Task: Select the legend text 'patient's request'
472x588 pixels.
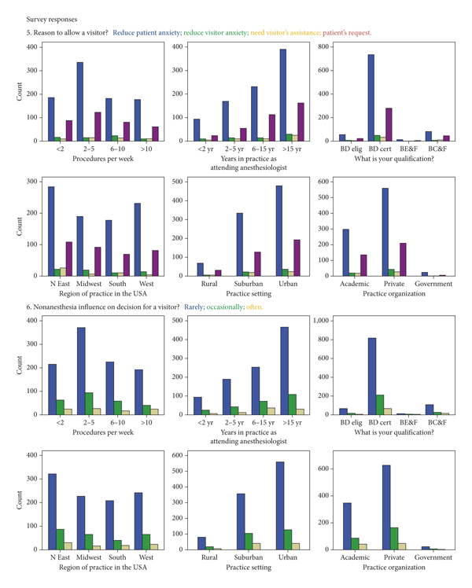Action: coord(345,33)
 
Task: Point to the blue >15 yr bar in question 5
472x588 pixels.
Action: coord(282,95)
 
